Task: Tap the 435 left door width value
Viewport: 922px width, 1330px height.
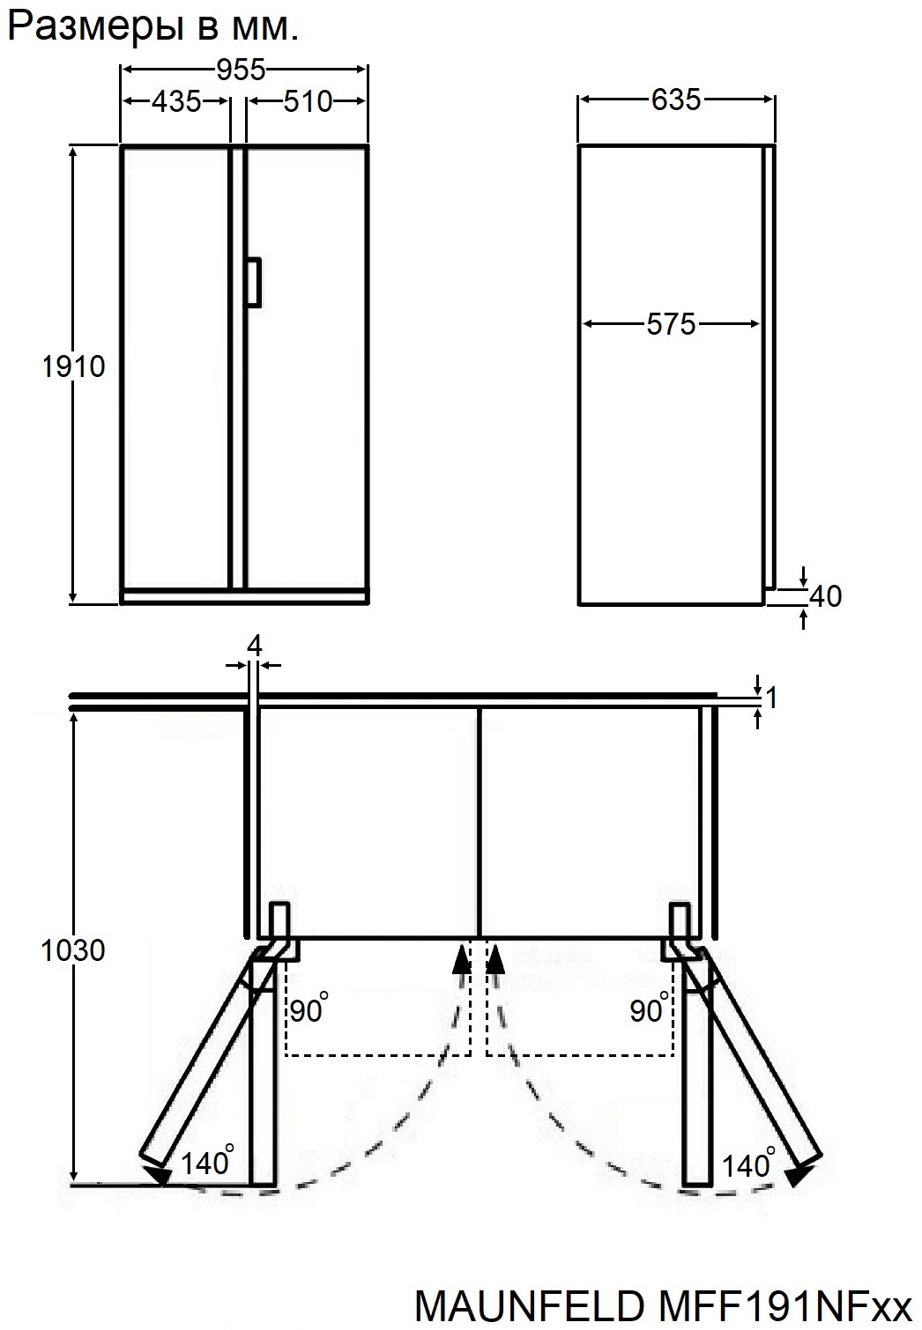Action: pyautogui.click(x=176, y=101)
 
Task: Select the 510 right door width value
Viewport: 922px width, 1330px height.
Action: pyautogui.click(x=308, y=101)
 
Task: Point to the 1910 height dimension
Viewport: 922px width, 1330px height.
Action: pyautogui.click(x=74, y=366)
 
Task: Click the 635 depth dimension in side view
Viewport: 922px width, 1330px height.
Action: pyautogui.click(x=676, y=100)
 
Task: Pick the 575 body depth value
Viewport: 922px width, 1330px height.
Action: pyautogui.click(x=671, y=324)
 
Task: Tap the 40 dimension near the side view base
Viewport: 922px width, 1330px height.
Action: pyautogui.click(x=825, y=596)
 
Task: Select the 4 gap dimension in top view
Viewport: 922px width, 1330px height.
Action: pyautogui.click(x=254, y=646)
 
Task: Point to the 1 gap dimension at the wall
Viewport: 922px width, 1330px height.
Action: pyautogui.click(x=771, y=698)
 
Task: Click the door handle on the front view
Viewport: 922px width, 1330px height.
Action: pyautogui.click(x=253, y=282)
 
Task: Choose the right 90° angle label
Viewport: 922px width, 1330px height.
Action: pyautogui.click(x=649, y=1009)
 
